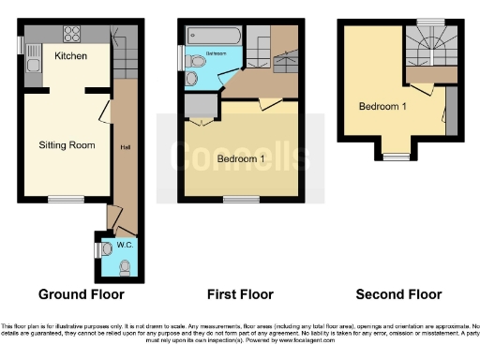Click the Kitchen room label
coord(71,56)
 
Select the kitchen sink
coord(33,65)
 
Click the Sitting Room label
coord(67,145)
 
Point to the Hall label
coord(124,146)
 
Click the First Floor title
coord(241,294)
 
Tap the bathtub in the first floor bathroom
coord(216,36)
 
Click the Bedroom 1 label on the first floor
coord(241,159)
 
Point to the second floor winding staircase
coord(430,44)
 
